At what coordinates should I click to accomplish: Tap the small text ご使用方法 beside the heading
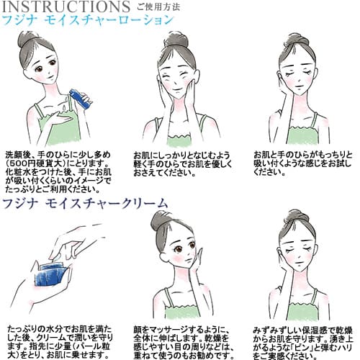point(160,8)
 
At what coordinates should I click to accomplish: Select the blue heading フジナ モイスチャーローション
point(88,21)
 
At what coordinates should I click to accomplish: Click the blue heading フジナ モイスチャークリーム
point(85,204)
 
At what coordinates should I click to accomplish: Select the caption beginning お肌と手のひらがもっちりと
point(303,163)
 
